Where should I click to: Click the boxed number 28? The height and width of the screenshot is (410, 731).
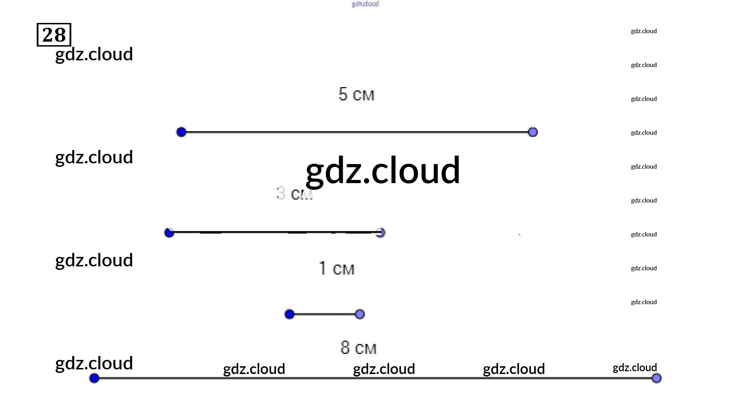click(x=54, y=35)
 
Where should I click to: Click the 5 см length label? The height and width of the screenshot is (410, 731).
click(x=356, y=94)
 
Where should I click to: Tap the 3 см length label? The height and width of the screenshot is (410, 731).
click(x=294, y=194)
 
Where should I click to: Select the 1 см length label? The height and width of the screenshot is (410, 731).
click(x=336, y=269)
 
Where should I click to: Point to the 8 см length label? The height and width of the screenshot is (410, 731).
click(x=358, y=348)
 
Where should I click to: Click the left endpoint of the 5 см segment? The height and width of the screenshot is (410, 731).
click(x=181, y=132)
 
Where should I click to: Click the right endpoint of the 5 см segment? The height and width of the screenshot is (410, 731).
click(x=533, y=132)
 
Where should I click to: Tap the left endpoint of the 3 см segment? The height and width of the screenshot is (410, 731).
click(x=169, y=233)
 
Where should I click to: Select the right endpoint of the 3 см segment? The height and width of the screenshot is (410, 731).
click(x=380, y=233)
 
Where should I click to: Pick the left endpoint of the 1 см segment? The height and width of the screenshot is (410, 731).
click(x=289, y=314)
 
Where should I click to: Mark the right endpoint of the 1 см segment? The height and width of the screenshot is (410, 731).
click(x=360, y=314)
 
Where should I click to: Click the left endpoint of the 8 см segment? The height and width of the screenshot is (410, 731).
click(x=94, y=378)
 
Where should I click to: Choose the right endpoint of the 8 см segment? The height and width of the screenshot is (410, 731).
click(x=657, y=378)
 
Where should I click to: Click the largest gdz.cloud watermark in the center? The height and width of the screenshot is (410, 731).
click(x=383, y=171)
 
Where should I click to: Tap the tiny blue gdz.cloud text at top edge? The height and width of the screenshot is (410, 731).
click(x=365, y=4)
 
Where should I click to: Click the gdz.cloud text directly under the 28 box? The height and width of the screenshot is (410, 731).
click(x=94, y=54)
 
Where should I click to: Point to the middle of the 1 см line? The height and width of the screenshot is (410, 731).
click(x=325, y=314)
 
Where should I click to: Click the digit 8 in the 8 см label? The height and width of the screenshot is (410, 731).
click(x=345, y=348)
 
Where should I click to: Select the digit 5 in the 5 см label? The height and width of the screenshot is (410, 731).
click(x=343, y=94)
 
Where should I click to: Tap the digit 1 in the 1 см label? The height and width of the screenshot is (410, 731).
click(x=323, y=268)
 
